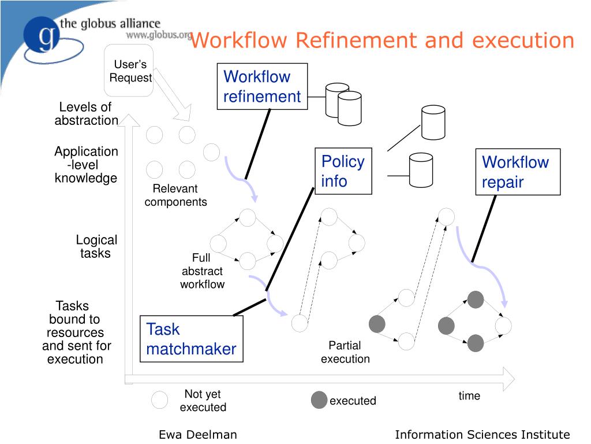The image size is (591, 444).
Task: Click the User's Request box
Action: click(128, 71)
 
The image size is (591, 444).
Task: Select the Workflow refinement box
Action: click(262, 86)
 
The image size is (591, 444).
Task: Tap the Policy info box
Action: click(343, 171)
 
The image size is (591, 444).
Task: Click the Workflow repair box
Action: click(518, 172)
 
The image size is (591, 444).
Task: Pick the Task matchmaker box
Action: click(191, 339)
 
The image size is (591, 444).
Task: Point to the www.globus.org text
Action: click(159, 35)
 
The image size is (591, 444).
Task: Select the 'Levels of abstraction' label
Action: click(86, 114)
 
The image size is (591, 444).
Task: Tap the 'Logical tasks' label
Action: click(96, 247)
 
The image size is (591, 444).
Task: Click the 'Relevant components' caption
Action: click(175, 195)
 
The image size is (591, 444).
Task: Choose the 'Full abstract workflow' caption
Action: click(202, 271)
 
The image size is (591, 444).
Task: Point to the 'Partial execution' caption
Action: click(345, 352)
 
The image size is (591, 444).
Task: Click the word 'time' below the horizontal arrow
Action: click(469, 396)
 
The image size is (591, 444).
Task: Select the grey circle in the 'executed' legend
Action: click(319, 400)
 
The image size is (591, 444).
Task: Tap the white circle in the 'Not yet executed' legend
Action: click(160, 399)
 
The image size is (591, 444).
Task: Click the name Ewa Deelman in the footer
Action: click(197, 435)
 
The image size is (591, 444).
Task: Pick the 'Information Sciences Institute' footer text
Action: click(482, 435)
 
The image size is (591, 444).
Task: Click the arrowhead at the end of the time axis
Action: click(508, 379)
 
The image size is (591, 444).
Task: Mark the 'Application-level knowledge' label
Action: click(86, 165)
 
